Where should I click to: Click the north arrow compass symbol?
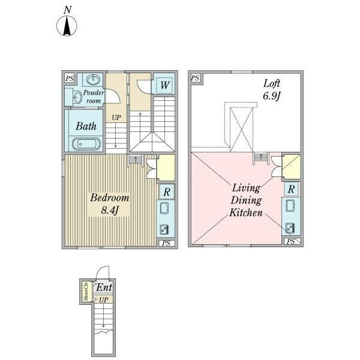tap(67, 26)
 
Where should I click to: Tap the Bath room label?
tap(86, 126)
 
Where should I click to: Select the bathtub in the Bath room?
tap(86, 144)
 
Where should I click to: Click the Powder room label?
tap(94, 97)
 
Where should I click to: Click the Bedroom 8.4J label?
tap(110, 204)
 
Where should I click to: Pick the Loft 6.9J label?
tap(272, 90)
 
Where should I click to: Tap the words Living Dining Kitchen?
tap(246, 200)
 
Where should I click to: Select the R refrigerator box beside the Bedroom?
tap(167, 191)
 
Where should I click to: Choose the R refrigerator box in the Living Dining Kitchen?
tap(291, 189)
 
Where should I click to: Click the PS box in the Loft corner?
tap(196, 78)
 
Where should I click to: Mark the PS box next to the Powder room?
tap(70, 79)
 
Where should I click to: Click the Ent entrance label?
tap(104, 287)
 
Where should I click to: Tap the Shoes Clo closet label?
tap(86, 292)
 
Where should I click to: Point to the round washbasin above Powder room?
tap(94, 80)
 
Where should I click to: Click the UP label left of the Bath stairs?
tap(116, 118)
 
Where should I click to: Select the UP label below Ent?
tap(104, 299)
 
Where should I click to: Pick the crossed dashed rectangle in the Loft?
tap(242, 129)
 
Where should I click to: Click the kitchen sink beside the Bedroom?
tap(164, 229)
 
